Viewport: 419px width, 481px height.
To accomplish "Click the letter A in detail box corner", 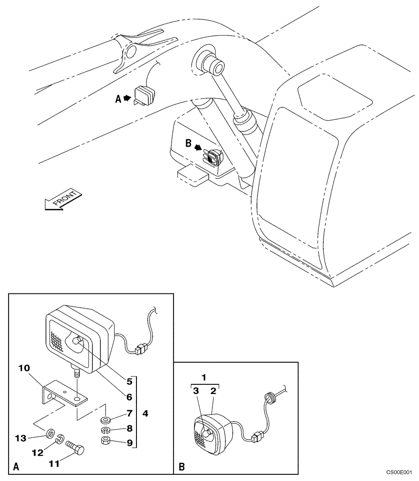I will click(x=16, y=466).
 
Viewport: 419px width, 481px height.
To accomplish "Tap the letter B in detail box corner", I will click(x=181, y=466).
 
